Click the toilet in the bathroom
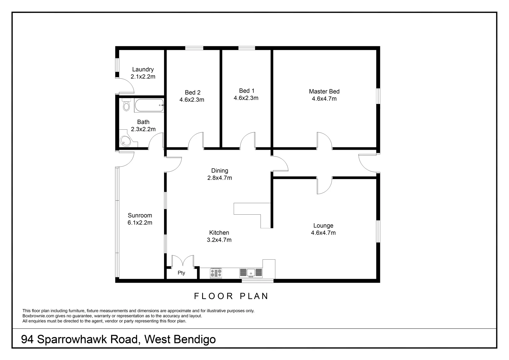coord(126,105)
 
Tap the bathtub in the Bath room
coord(149,105)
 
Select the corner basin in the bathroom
coord(126,141)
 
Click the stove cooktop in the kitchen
coord(216,273)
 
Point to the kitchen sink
coord(251,273)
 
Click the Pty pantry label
coord(181,273)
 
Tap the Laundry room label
coord(143,69)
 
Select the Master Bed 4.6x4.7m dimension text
coord(324,99)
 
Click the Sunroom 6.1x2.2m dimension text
coord(140,223)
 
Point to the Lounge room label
coord(323,226)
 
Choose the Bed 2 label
coord(193,92)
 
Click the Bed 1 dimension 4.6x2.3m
coord(246,98)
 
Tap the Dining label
coord(220,171)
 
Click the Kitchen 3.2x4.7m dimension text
coord(219,240)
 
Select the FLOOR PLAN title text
coord(231,296)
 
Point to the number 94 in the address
coord(27,339)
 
